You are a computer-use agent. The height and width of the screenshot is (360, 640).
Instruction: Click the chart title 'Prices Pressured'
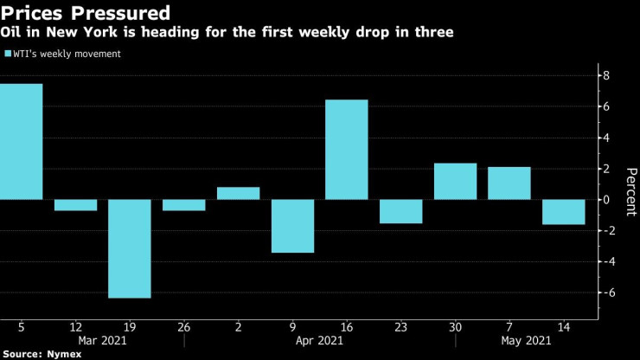pos(85,14)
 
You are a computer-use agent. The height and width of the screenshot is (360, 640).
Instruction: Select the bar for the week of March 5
pos(21,141)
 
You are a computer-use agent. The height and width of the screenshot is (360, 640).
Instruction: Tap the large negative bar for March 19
pos(130,248)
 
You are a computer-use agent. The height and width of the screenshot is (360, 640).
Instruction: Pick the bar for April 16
pos(347,150)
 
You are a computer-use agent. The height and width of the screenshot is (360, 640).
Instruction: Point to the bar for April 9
pos(292,226)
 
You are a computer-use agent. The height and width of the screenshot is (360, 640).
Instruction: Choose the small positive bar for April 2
pos(238,193)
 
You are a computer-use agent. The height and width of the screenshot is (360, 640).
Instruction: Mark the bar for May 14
pos(564,212)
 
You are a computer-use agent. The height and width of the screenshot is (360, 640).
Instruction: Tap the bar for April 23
pos(401,211)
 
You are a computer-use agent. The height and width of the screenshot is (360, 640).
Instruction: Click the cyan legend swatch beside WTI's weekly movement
pos(8,54)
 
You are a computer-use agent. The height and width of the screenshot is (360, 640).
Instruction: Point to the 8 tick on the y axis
pos(607,76)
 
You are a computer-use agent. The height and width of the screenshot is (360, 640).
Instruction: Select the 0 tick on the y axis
pos(607,200)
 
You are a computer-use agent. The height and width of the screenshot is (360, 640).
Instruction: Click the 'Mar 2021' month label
pos(102,341)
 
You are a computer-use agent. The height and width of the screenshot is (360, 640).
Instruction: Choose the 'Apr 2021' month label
pos(319,341)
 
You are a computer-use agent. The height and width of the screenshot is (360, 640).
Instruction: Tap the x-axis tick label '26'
pos(184,327)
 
